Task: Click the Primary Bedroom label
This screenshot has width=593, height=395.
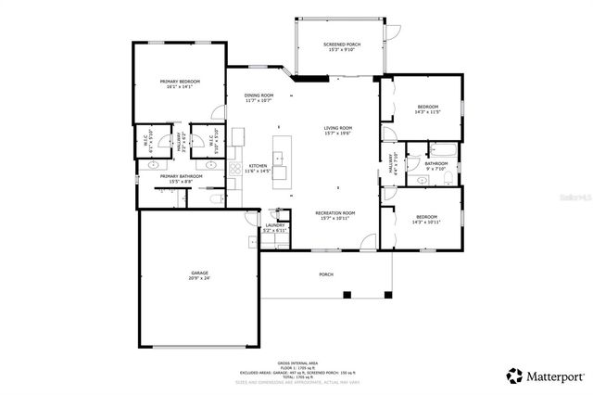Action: (x=180, y=82)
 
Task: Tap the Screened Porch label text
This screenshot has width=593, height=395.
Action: (x=341, y=45)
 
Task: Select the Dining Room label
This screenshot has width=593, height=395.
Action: (x=259, y=96)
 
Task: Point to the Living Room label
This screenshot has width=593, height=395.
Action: (x=337, y=128)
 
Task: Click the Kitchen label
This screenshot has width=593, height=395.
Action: (x=258, y=166)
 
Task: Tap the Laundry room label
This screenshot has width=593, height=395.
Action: (x=275, y=224)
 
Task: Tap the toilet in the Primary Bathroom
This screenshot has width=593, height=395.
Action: (x=215, y=198)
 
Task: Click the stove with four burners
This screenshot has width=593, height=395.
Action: (x=237, y=170)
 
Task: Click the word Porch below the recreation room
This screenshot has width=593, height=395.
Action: (x=325, y=274)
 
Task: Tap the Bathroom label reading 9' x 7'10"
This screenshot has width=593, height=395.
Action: (x=436, y=165)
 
